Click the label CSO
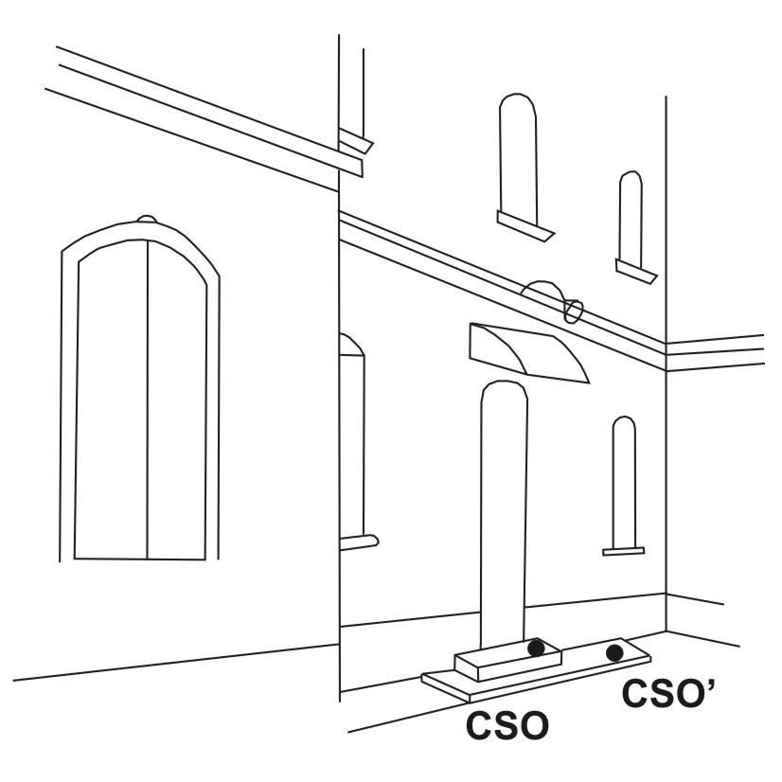click(x=507, y=725)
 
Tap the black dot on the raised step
click(x=536, y=648)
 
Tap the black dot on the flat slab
click(x=614, y=653)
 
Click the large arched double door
click(x=140, y=392)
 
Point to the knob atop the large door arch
click(x=147, y=219)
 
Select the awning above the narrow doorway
click(x=529, y=353)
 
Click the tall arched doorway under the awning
click(x=504, y=516)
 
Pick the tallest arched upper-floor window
click(x=519, y=159)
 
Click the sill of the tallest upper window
click(x=525, y=225)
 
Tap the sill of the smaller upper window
click(x=636, y=272)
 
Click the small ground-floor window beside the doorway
click(x=624, y=483)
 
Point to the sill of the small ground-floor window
click(x=623, y=551)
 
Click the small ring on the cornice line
click(x=573, y=311)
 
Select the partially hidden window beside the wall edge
click(x=352, y=436)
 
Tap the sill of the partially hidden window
click(x=359, y=542)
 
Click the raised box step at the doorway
click(x=507, y=659)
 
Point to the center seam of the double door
click(x=147, y=400)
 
